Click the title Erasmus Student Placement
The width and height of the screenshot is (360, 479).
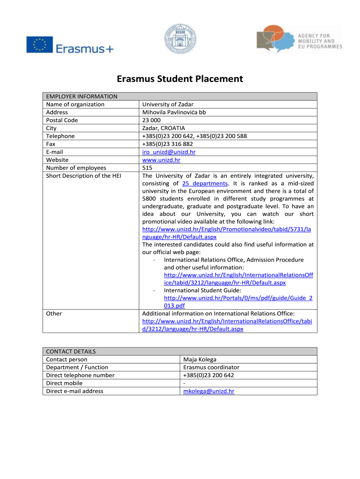[180, 79]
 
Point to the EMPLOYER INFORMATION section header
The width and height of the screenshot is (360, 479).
[82, 96]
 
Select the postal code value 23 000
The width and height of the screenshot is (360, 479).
[152, 120]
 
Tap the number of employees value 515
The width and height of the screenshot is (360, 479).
[148, 168]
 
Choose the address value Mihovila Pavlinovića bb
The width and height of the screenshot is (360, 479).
[174, 112]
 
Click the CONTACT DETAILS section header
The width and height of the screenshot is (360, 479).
[71, 351]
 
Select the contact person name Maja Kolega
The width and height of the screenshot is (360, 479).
[200, 359]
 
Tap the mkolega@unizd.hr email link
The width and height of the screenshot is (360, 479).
[209, 391]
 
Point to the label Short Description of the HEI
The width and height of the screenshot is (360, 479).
[84, 176]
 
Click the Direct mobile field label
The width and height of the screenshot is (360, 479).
[65, 383]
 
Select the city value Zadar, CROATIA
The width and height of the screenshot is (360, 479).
[164, 128]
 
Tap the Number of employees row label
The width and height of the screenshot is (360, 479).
[76, 168]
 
